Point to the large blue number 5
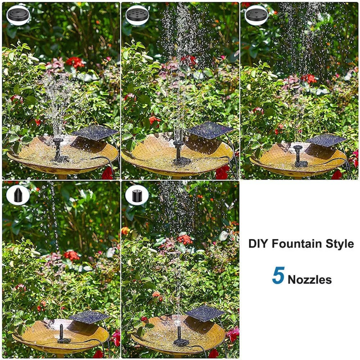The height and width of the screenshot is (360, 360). (278, 275)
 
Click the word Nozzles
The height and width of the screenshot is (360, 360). (310, 280)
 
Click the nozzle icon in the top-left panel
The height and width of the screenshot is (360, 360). (18, 14)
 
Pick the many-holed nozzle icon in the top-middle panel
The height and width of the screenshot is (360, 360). (137, 14)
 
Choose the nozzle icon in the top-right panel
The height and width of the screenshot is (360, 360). (256, 14)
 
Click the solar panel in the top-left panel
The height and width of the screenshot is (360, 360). (95, 132)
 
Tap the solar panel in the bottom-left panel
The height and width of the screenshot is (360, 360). (89, 317)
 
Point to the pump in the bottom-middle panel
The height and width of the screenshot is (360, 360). (180, 336)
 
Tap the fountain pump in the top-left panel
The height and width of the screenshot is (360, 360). (59, 150)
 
